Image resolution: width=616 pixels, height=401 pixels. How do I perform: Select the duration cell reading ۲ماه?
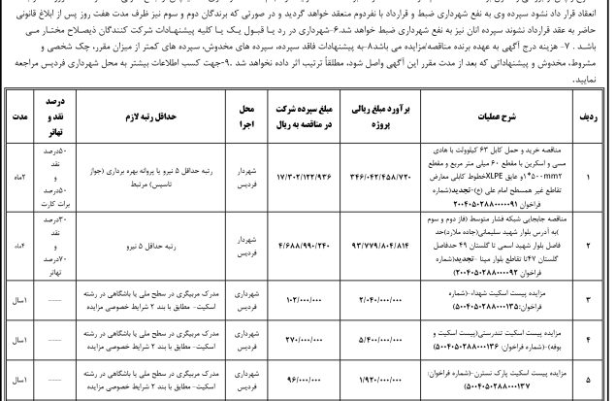16,180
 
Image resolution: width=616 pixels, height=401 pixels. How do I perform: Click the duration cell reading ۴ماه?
16,250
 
